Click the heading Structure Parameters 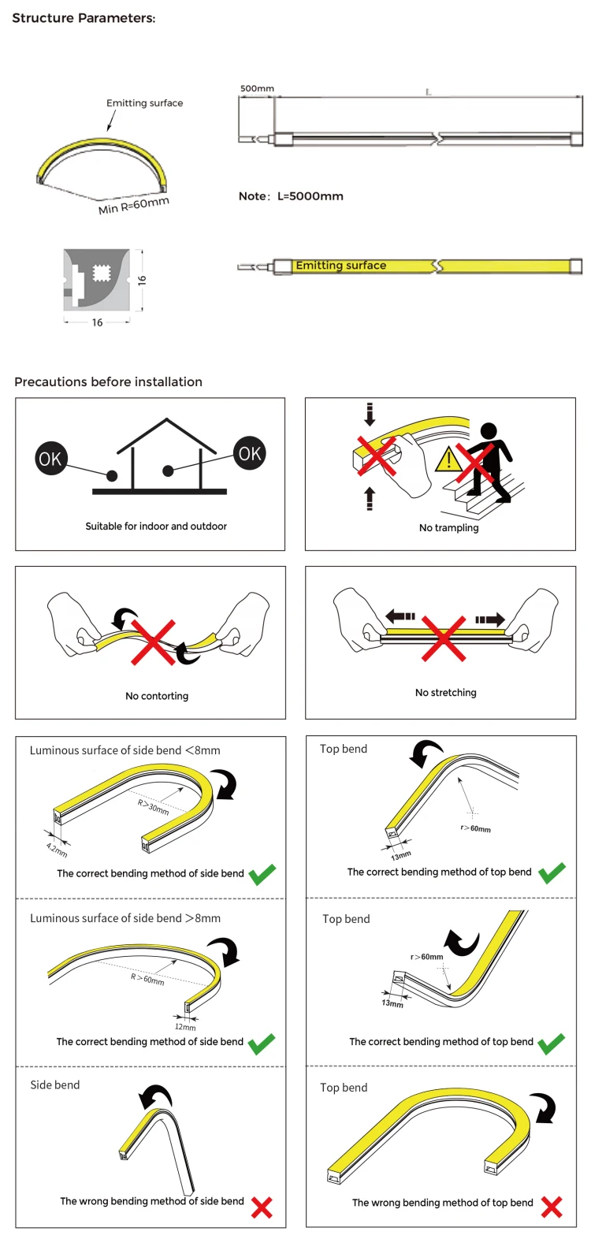(84, 18)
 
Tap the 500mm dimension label (257, 89)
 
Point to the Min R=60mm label (133, 206)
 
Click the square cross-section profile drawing (96, 279)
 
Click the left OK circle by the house (50, 459)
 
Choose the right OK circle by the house (250, 453)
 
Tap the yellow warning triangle (450, 458)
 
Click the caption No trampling (448, 527)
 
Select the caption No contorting (157, 696)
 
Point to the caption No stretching (446, 693)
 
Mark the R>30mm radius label (154, 807)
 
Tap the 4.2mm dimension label (57, 850)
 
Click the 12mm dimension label (185, 1027)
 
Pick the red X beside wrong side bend (262, 1207)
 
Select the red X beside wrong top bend (552, 1207)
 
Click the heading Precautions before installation (109, 382)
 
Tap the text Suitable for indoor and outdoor (156, 526)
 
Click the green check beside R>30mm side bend (262, 874)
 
